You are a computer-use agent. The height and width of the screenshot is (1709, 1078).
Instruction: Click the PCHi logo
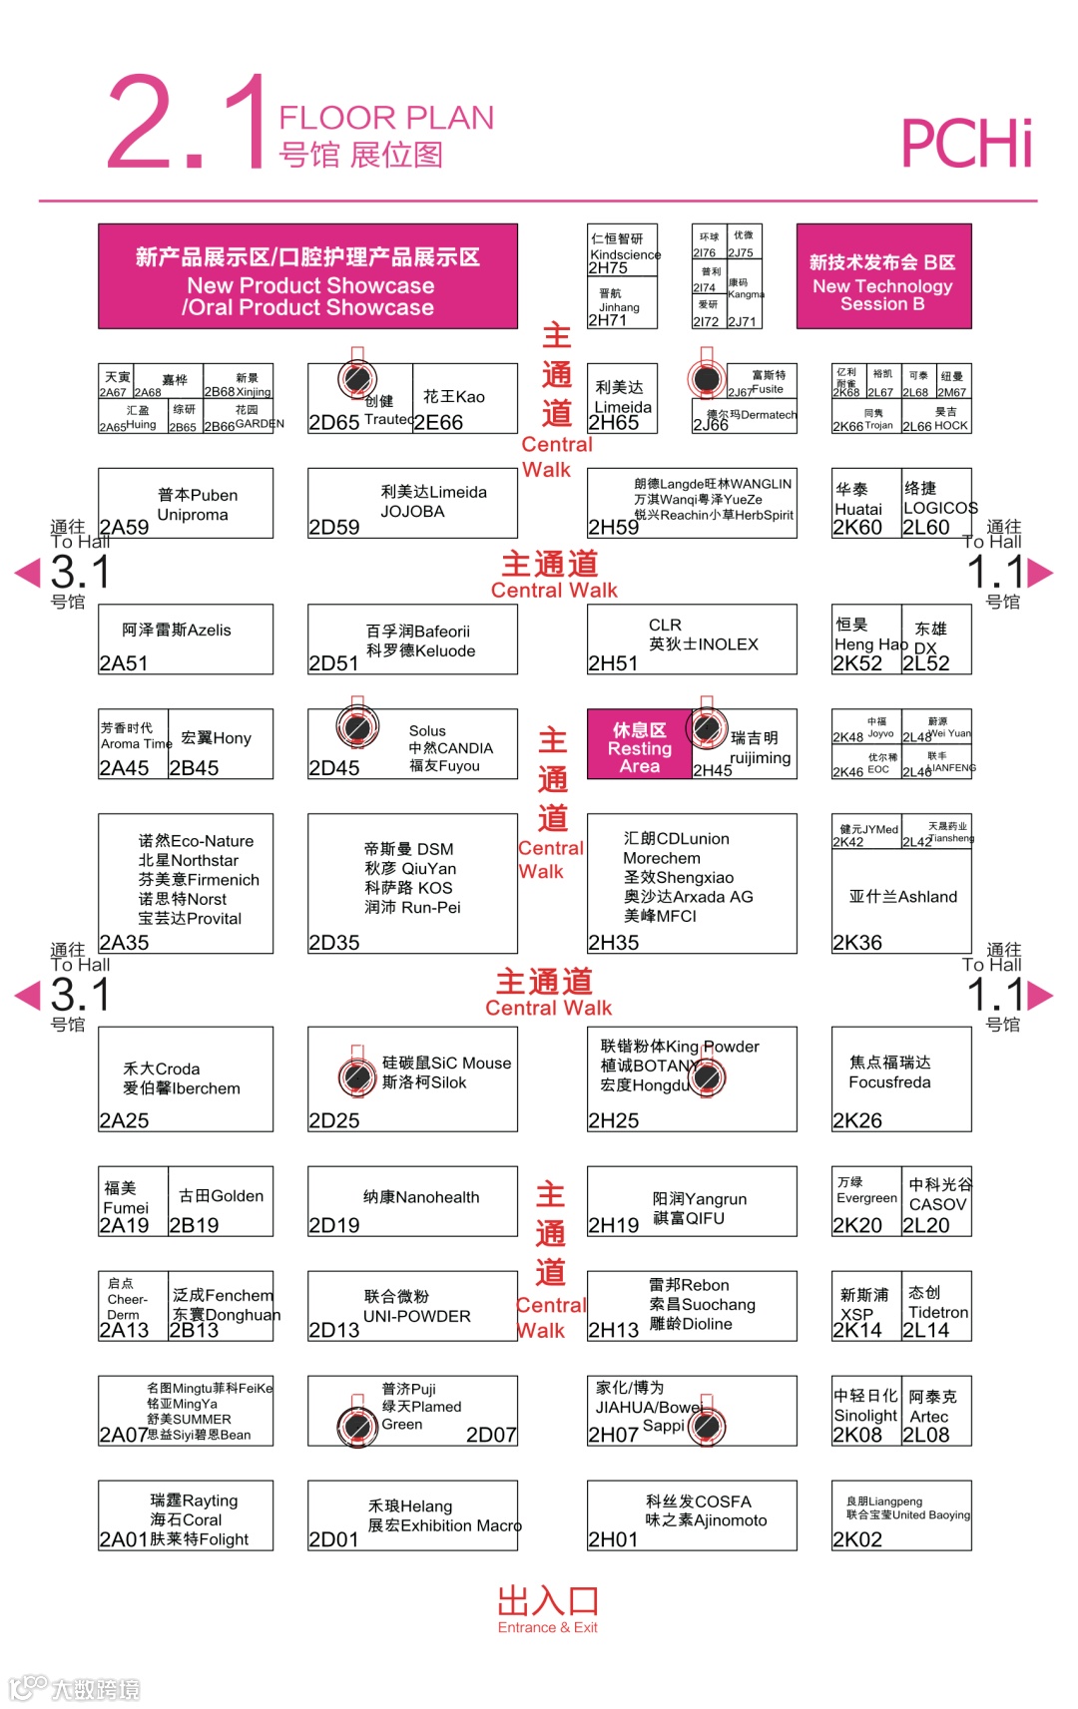[x=965, y=143]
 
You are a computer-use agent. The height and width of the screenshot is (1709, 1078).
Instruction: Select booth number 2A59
[x=124, y=527]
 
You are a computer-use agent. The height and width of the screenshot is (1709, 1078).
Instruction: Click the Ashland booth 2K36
[x=901, y=884]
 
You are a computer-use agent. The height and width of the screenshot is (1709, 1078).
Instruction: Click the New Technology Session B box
[x=883, y=276]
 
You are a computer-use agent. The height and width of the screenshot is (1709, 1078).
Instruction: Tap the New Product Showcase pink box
[x=307, y=276]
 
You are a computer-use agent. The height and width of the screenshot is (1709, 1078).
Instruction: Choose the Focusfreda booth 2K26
[x=901, y=1078]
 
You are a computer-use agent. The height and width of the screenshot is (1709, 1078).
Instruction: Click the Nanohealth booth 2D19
[x=412, y=1200]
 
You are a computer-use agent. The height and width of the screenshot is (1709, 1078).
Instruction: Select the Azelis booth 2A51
[x=186, y=639]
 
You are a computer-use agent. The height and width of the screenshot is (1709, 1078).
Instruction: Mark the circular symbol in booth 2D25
[x=356, y=1076]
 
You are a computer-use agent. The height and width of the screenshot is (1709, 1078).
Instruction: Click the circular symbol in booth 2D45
[x=356, y=727]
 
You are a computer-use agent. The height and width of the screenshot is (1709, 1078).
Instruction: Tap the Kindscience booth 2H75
[x=622, y=249]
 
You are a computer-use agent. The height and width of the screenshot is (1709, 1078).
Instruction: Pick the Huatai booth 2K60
[x=866, y=503]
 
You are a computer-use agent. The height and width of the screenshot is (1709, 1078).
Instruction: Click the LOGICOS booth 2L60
[x=937, y=503]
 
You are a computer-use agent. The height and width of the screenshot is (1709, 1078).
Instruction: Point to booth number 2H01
[x=613, y=1539]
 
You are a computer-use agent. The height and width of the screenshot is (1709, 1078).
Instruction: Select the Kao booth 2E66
[x=464, y=398]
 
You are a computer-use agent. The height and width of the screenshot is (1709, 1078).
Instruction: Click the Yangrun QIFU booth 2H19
[x=692, y=1200]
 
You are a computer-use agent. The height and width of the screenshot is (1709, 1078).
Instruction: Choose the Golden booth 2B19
[x=221, y=1200]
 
